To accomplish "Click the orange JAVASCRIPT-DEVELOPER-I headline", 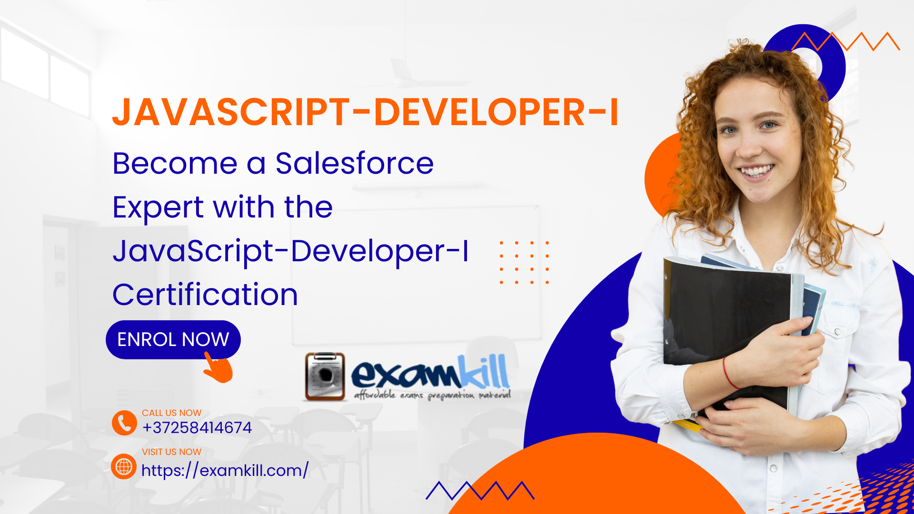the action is pyautogui.click(x=365, y=112).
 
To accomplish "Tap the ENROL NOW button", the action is pyautogui.click(x=173, y=339).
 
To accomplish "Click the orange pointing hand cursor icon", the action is pyautogui.click(x=219, y=367).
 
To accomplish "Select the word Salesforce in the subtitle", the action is pyautogui.click(x=355, y=163).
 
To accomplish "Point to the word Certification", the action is pyautogui.click(x=205, y=295).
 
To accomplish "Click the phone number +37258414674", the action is pyautogui.click(x=197, y=427).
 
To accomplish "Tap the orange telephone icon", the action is pyautogui.click(x=124, y=423).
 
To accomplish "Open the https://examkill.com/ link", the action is pyautogui.click(x=225, y=470).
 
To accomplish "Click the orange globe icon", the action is pyautogui.click(x=124, y=466).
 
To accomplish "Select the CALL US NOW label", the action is pyautogui.click(x=171, y=413).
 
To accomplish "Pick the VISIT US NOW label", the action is pyautogui.click(x=171, y=452).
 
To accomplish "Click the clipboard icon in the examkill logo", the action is pyautogui.click(x=325, y=376).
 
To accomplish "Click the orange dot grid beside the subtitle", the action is pyautogui.click(x=524, y=262).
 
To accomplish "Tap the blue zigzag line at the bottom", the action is pyautogui.click(x=480, y=491).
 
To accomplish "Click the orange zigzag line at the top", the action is pyautogui.click(x=845, y=41).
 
